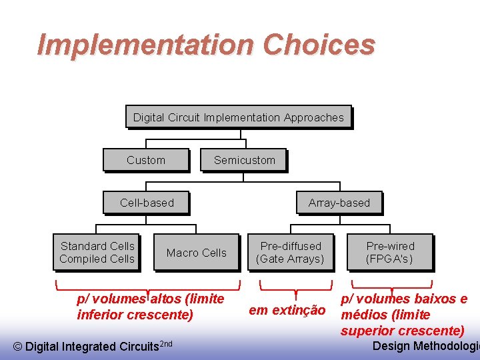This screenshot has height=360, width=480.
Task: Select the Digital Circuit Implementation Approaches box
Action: tap(238, 117)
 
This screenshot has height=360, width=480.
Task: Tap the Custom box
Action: tap(145, 160)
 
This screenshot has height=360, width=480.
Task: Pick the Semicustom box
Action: tap(244, 160)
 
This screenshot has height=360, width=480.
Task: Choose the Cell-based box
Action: tap(146, 203)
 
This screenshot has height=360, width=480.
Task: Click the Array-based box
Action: tap(339, 203)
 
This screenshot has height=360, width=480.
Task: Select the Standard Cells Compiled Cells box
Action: tap(97, 253)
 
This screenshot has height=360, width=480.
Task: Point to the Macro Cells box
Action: tap(196, 253)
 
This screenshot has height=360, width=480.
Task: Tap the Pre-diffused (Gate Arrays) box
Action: tap(290, 253)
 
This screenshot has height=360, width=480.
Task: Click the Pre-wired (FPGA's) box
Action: tap(389, 253)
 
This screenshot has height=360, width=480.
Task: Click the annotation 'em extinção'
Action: tap(287, 310)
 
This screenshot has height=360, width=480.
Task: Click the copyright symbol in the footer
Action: tap(18, 346)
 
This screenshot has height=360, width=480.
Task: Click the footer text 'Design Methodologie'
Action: tap(425, 345)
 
